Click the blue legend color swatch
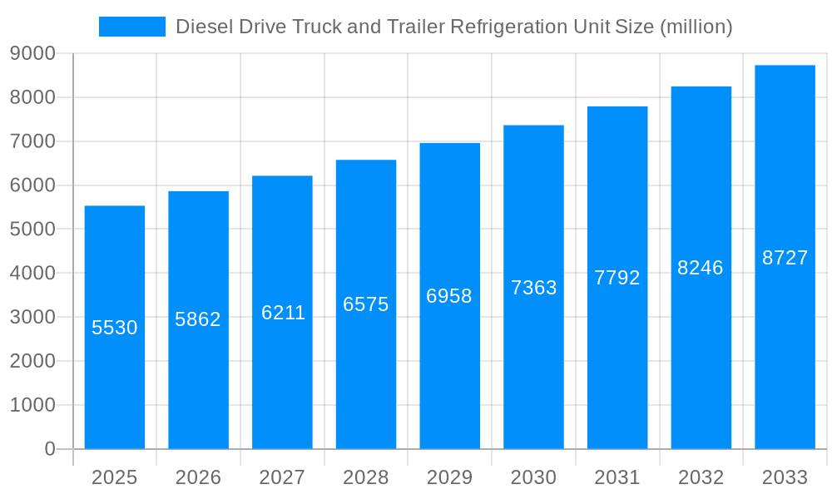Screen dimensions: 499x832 [131, 27]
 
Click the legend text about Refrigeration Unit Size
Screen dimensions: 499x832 [453, 27]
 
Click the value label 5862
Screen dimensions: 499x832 [198, 319]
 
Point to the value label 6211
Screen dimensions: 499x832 [283, 313]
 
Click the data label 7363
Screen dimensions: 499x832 [533, 288]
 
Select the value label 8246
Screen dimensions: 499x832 [701, 268]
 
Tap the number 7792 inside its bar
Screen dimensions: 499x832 [617, 278]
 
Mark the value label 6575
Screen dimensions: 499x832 [366, 304]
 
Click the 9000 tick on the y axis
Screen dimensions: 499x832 [32, 53]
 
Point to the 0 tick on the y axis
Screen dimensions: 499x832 [49, 449]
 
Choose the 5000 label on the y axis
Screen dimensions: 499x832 [32, 230]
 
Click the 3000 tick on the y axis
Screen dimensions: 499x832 [32, 317]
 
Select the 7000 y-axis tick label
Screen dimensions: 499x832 [32, 141]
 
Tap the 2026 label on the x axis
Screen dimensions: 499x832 [198, 477]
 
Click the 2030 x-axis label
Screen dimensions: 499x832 [533, 477]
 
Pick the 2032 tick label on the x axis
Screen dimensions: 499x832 [701, 477]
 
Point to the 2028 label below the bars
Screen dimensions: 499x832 [366, 477]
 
